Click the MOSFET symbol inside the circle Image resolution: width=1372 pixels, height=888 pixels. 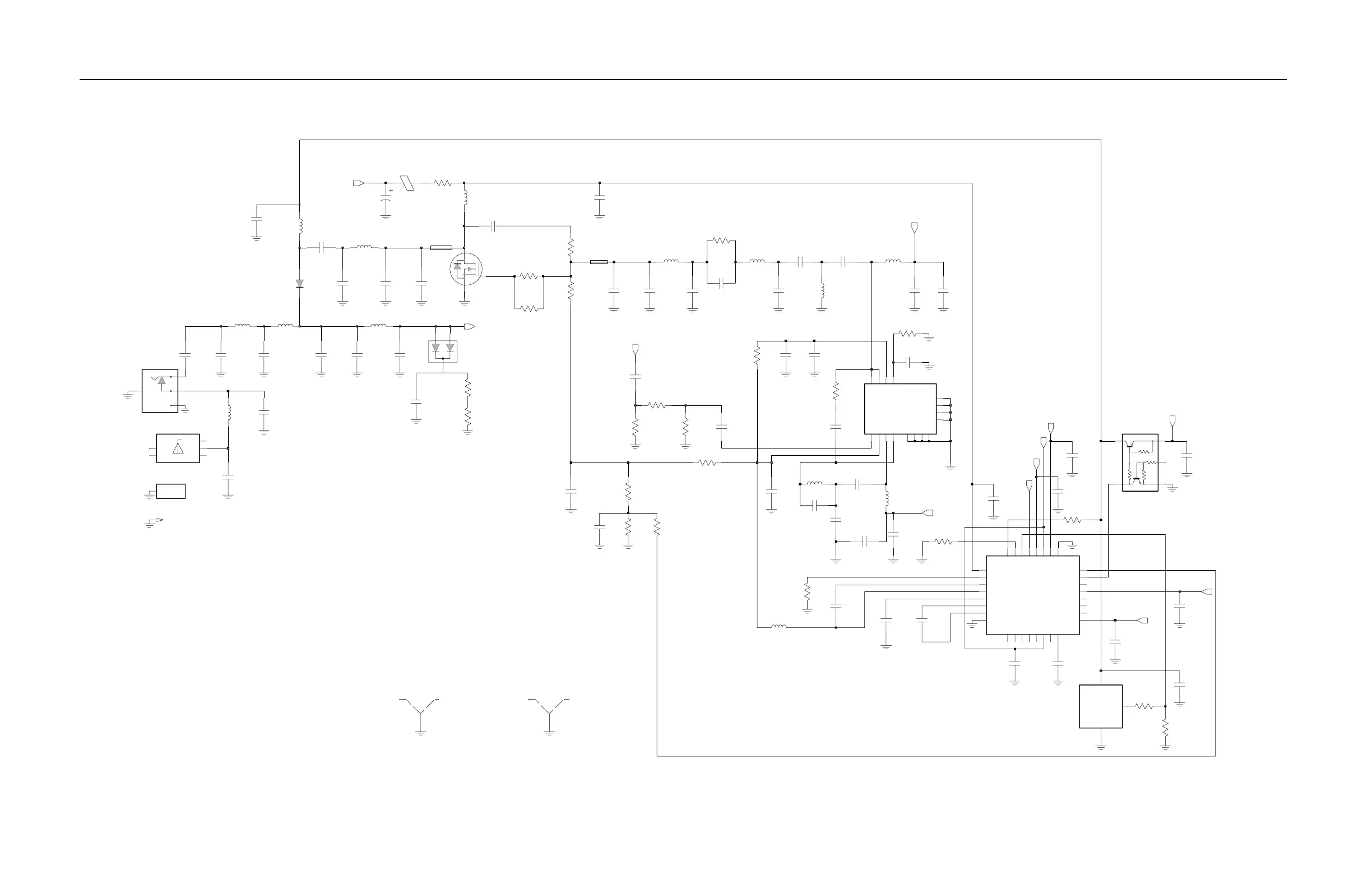[465, 269]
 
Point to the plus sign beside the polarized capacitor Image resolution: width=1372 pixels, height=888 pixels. [391, 190]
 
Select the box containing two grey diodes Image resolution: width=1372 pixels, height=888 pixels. [443, 351]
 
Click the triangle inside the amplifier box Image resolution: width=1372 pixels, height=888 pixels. [178, 448]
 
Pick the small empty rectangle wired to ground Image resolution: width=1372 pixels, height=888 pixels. [170, 491]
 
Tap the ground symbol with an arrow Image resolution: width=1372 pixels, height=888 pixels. [153, 522]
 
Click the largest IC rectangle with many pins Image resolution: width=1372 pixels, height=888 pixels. [1032, 595]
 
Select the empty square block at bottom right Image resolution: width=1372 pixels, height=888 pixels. [1101, 706]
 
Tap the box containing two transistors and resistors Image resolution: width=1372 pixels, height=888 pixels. [1139, 462]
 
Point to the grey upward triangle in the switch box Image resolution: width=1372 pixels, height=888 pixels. [161, 381]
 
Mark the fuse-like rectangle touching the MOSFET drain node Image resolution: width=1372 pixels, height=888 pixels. [441, 248]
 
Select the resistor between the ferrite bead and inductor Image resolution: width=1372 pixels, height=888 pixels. [443, 183]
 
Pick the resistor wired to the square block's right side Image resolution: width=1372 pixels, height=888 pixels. [1144, 706]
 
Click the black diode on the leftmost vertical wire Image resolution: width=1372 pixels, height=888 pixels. [300, 283]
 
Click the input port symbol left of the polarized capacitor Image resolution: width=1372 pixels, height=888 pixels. [358, 183]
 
